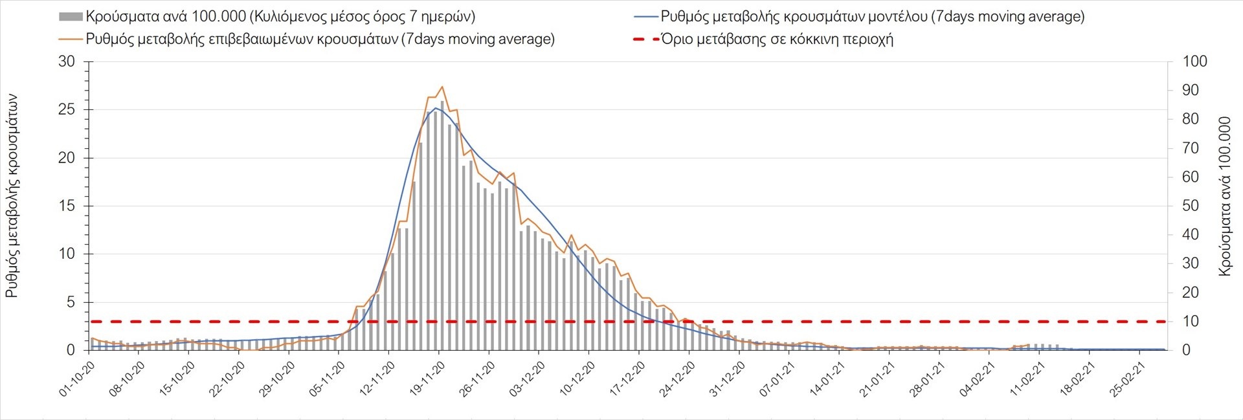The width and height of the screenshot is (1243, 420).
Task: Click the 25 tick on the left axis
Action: click(x=67, y=109)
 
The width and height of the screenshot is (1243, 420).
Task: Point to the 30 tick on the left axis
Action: click(x=67, y=61)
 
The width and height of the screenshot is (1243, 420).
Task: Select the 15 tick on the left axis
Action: click(x=67, y=206)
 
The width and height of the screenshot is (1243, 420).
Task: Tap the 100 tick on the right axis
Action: click(x=1194, y=61)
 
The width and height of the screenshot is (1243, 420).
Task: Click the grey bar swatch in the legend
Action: click(x=71, y=17)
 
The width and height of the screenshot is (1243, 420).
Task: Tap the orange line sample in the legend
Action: click(x=71, y=39)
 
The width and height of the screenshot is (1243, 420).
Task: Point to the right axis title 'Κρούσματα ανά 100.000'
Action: click(x=1224, y=196)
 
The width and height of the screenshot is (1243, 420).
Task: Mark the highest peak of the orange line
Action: click(x=442, y=87)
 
